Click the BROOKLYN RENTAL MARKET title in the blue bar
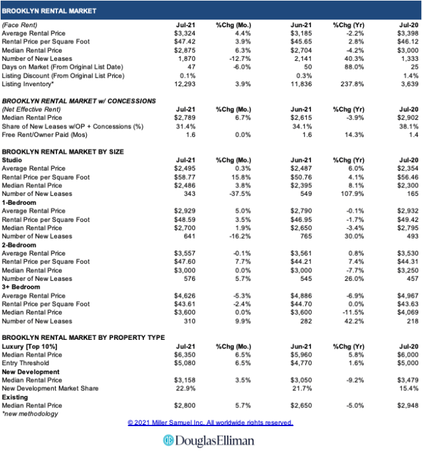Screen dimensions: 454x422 point(49,11)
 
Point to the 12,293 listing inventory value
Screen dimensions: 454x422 point(185,84)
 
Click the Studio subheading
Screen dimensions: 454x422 point(12,160)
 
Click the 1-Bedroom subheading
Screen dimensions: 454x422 point(19,202)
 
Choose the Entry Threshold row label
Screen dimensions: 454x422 point(26,363)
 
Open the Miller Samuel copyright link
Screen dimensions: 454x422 point(210,422)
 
